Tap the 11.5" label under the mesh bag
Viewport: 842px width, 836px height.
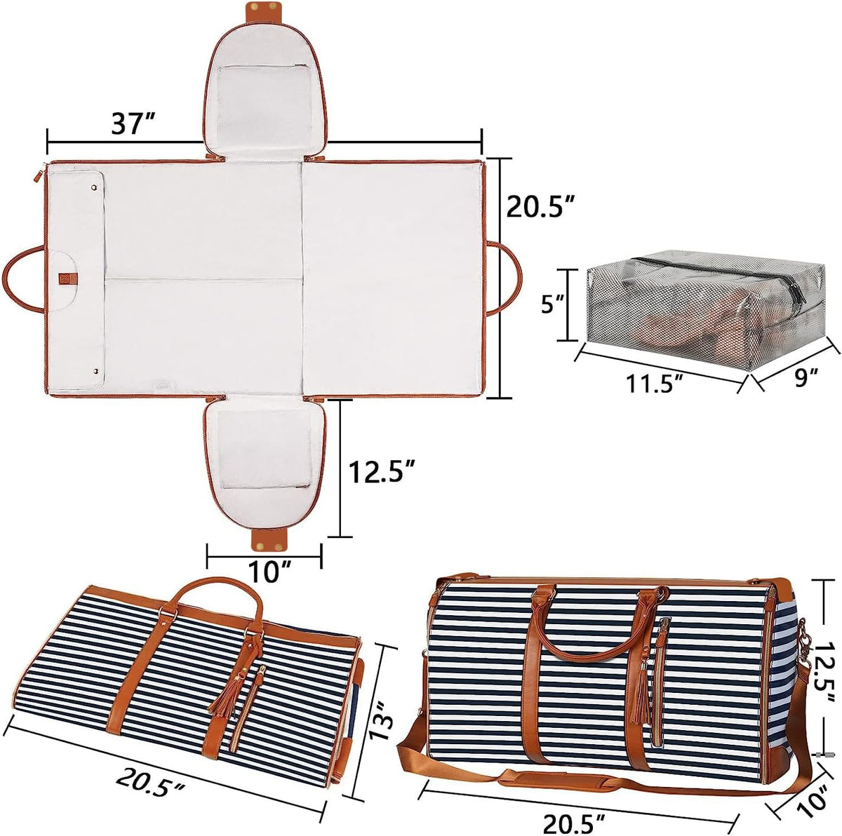pyautogui.click(x=655, y=383)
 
